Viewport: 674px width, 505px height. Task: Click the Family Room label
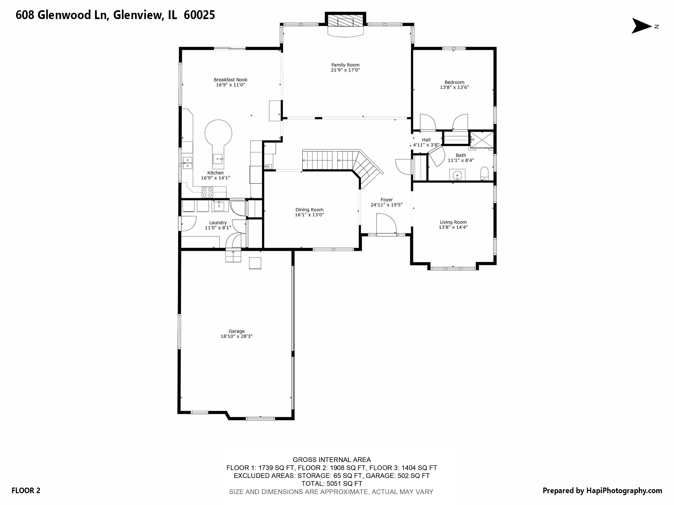point(345,65)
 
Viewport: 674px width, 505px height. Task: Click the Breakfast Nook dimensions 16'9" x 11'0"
point(230,85)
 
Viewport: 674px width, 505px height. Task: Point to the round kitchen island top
point(218,133)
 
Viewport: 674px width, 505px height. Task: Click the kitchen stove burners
point(207,192)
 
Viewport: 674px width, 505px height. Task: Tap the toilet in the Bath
point(484,173)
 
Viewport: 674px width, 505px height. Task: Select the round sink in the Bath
point(457,175)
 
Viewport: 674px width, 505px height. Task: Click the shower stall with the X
point(482,140)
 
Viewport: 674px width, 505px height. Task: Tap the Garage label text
point(236,331)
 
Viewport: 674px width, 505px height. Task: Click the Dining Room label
point(309,210)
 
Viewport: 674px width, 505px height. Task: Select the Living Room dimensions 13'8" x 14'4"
point(453,227)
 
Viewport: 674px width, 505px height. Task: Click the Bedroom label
point(454,82)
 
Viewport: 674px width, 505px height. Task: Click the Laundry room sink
point(219,206)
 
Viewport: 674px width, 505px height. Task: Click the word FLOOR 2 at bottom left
point(26,491)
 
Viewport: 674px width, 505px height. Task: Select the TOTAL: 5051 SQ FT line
point(332,484)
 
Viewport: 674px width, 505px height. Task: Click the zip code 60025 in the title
point(199,15)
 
